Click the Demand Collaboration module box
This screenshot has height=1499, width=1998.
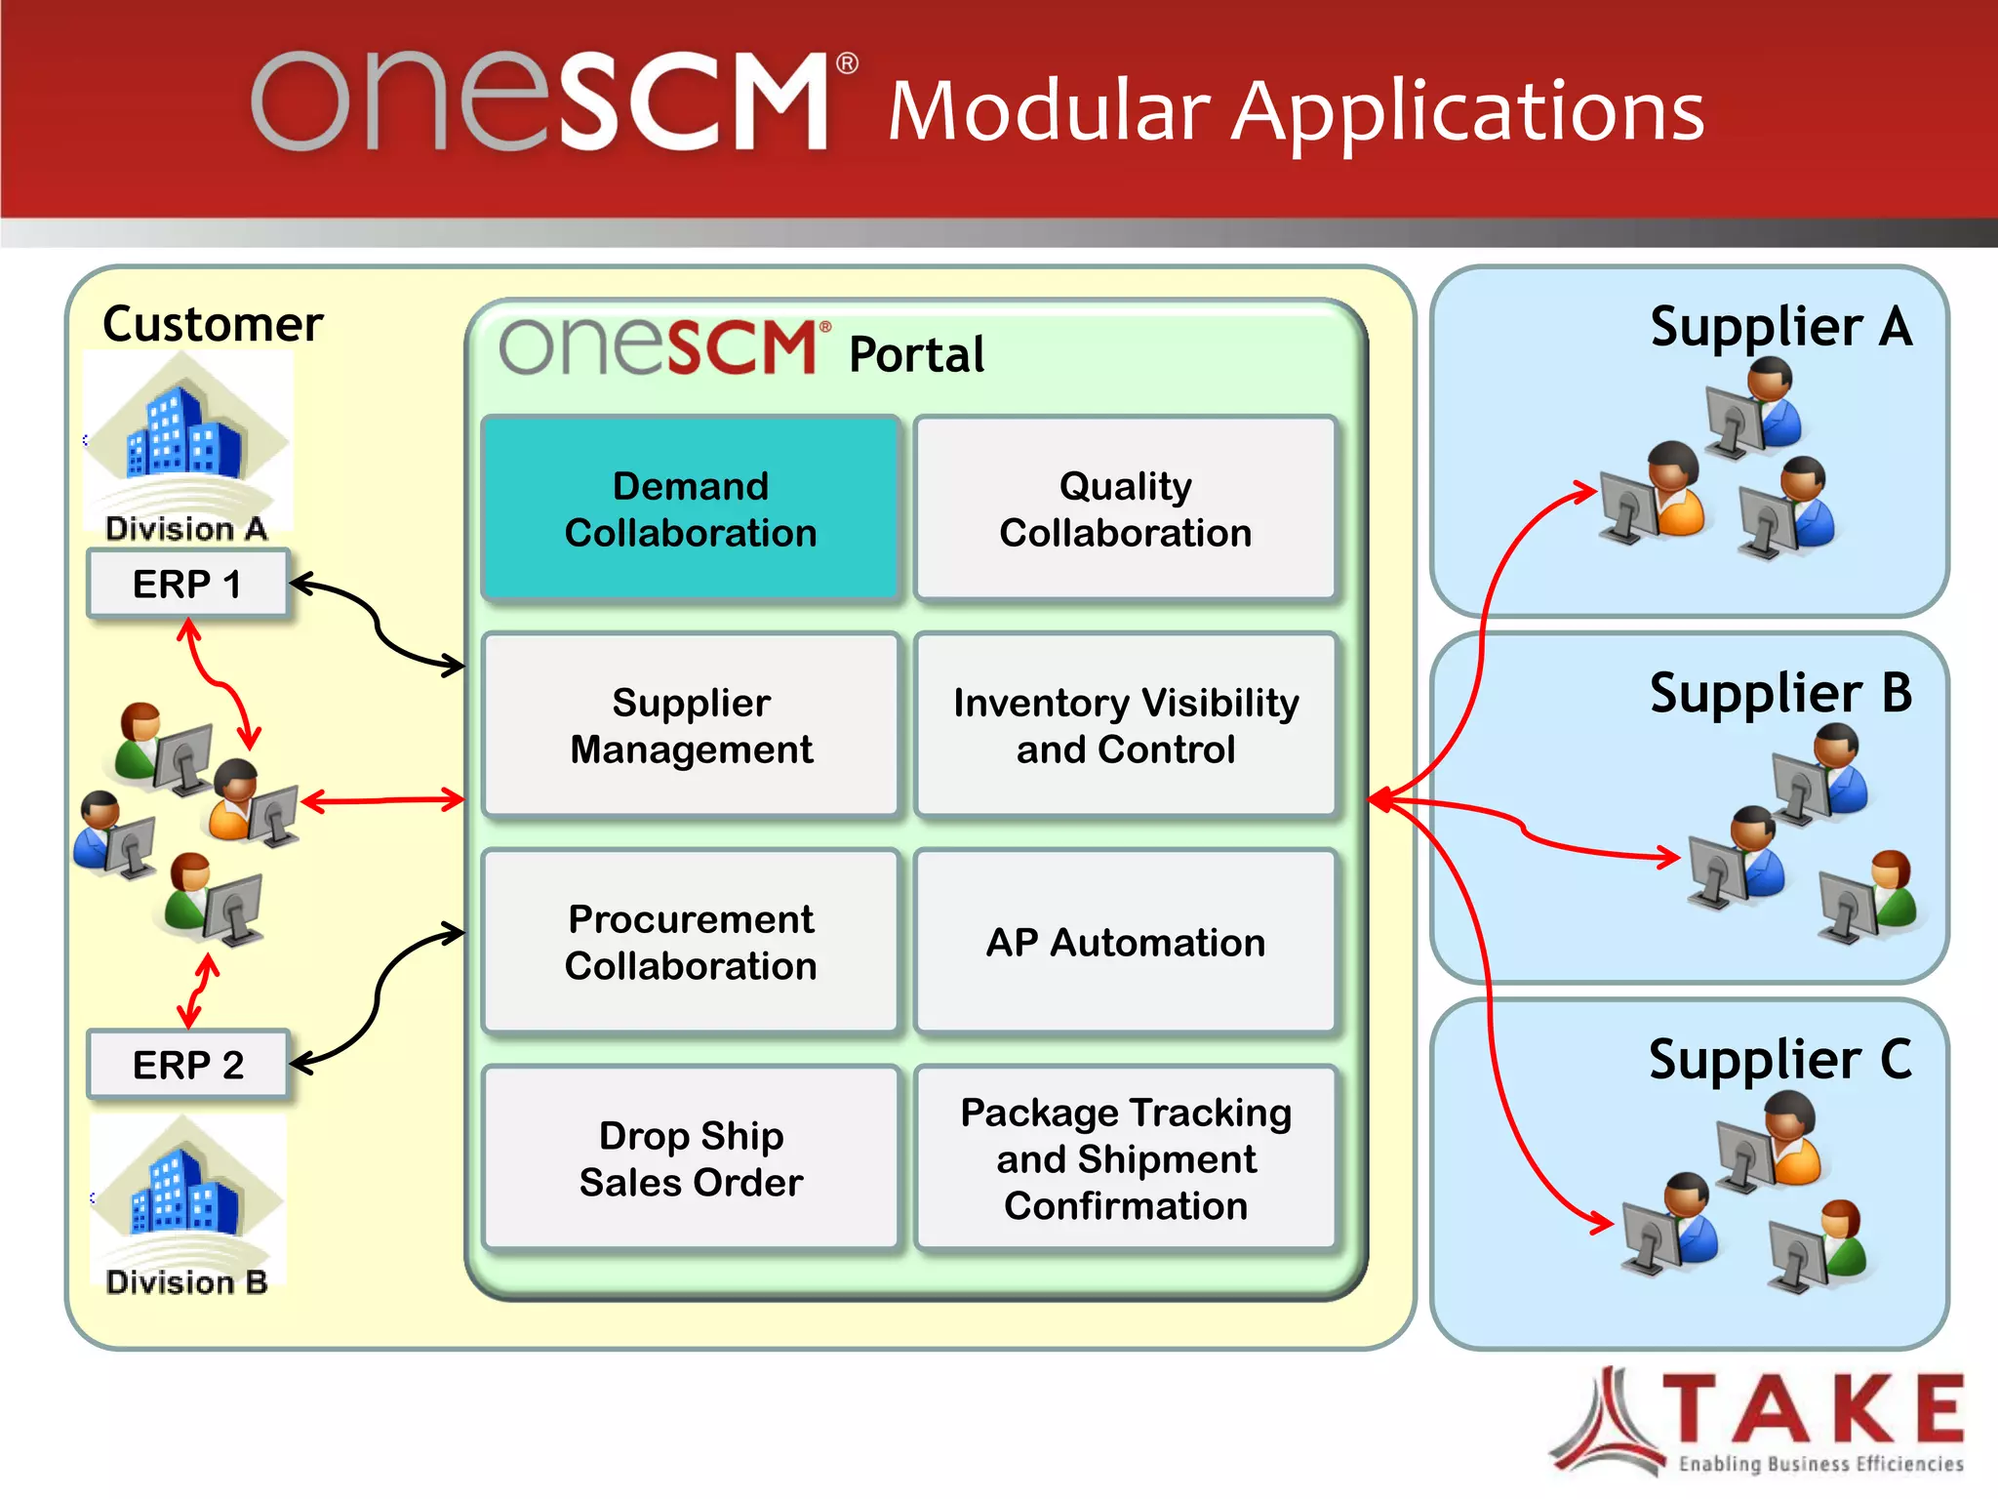point(691,508)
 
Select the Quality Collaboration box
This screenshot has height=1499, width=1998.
point(1125,508)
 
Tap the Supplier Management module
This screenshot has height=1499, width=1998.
point(691,725)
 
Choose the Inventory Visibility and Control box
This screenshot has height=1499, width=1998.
point(1125,725)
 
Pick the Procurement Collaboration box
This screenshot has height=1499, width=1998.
point(691,942)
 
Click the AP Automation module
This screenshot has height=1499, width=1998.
point(1125,942)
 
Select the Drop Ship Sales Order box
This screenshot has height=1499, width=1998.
point(691,1158)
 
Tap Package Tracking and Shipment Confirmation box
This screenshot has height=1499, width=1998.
point(1125,1158)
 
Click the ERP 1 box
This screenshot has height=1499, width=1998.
point(187,584)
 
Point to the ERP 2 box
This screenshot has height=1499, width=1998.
point(187,1064)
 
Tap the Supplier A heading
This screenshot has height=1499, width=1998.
point(1780,326)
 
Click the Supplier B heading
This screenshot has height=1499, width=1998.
point(1780,693)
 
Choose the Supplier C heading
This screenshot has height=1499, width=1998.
point(1780,1059)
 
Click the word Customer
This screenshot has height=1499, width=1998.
point(213,324)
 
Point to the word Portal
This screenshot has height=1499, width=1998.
point(916,354)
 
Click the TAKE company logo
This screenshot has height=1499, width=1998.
point(1756,1420)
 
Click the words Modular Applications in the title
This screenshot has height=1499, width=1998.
point(1296,112)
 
